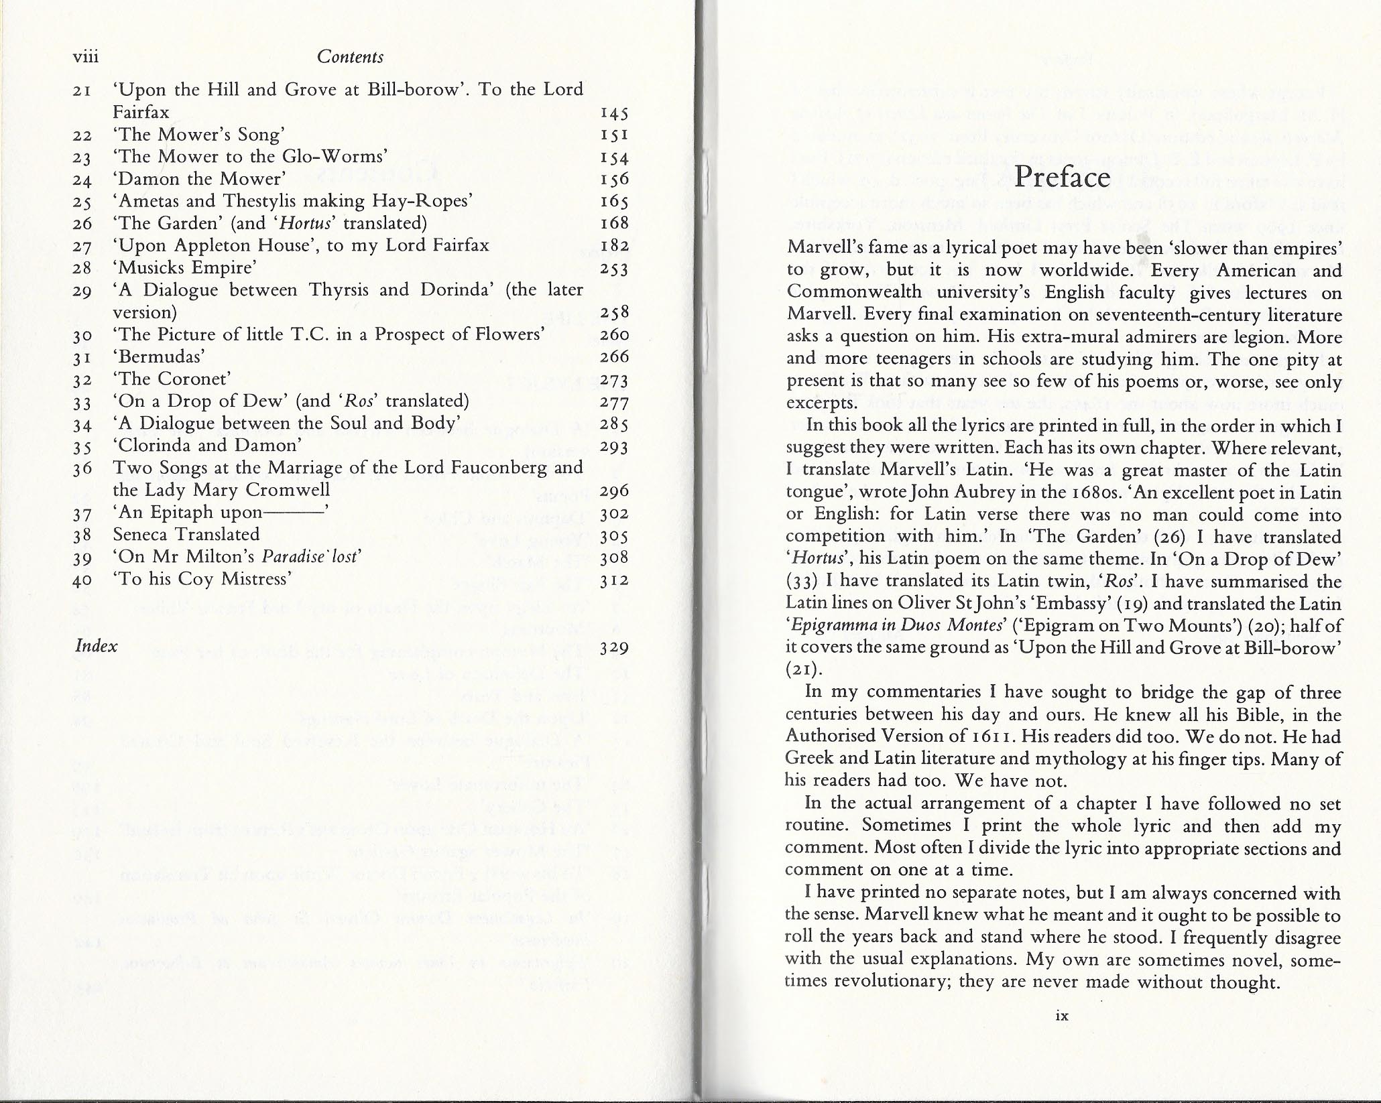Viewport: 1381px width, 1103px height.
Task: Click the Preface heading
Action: coord(1063,177)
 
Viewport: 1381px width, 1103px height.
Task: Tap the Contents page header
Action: coord(350,57)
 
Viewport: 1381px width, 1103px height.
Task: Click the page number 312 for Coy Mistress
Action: coord(615,580)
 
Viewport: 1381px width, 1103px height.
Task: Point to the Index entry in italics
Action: coord(97,646)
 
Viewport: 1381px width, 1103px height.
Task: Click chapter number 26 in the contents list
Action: coord(82,224)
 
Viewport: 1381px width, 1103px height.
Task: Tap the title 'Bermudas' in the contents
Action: coord(158,356)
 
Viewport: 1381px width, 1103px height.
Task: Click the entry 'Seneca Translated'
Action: coord(186,535)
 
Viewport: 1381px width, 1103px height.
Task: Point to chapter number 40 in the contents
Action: coord(82,580)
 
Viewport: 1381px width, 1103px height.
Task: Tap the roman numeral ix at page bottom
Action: coord(1061,1034)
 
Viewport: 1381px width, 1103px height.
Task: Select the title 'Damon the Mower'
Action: coord(199,179)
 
